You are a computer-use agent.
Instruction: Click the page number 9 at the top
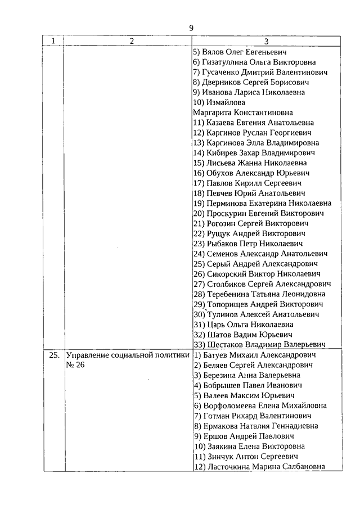pos(191,28)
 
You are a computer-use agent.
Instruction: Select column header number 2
pos(130,41)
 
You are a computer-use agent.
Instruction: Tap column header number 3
pos(266,41)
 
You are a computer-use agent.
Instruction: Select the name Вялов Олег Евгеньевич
pos(249,52)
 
